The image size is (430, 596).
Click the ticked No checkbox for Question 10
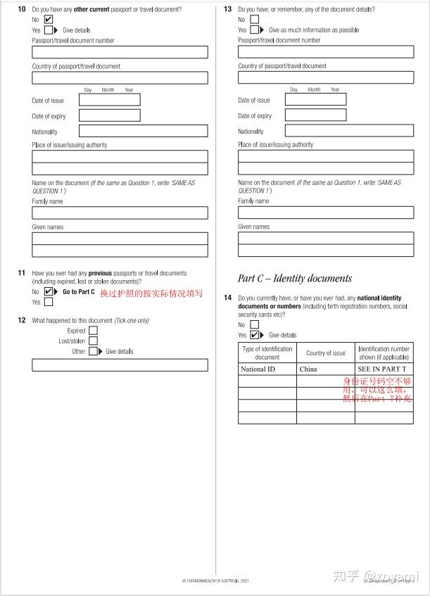point(49,20)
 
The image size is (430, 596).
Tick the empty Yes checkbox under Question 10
point(49,30)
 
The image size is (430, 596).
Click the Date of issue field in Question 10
point(109,100)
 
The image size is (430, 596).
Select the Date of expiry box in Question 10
point(109,115)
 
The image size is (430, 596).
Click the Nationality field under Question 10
point(143,131)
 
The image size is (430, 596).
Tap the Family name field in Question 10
point(120,213)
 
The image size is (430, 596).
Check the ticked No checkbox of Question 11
point(49,291)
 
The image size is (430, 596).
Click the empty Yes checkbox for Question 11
point(49,302)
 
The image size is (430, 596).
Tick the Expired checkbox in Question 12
point(93,331)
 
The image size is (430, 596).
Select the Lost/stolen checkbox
point(93,341)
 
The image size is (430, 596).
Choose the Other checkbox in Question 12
point(93,351)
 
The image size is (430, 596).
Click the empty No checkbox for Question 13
point(255,19)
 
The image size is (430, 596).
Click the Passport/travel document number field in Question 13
point(326,51)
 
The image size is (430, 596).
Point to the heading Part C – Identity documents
point(295,278)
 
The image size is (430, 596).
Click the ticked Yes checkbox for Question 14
point(255,335)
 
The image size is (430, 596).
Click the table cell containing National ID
point(267,369)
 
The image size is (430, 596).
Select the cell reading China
point(325,369)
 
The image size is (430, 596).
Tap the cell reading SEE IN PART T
point(384,369)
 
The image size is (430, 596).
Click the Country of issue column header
point(325,353)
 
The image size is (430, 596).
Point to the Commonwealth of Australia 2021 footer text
point(215,581)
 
